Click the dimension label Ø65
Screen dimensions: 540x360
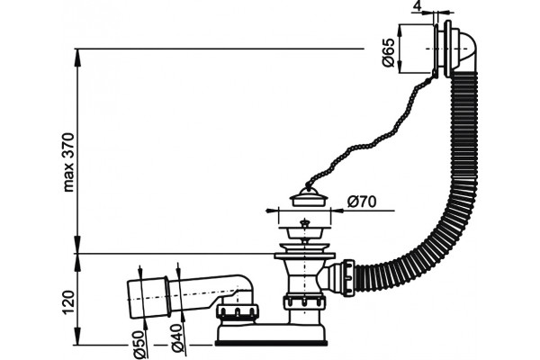click(x=388, y=52)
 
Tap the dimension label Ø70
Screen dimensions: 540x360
click(x=362, y=202)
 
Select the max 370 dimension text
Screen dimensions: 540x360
click(x=69, y=162)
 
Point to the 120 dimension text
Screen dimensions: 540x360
click(x=69, y=302)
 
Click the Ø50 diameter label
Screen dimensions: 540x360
click(x=139, y=344)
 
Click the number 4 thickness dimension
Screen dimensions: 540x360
click(x=417, y=6)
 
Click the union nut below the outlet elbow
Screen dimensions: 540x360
click(x=237, y=312)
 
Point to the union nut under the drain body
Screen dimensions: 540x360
click(x=304, y=302)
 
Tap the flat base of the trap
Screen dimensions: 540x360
click(x=271, y=343)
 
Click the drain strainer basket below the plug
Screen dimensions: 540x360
click(x=304, y=230)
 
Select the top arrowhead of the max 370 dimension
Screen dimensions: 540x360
click(x=78, y=54)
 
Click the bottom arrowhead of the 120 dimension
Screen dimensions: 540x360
click(x=78, y=339)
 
